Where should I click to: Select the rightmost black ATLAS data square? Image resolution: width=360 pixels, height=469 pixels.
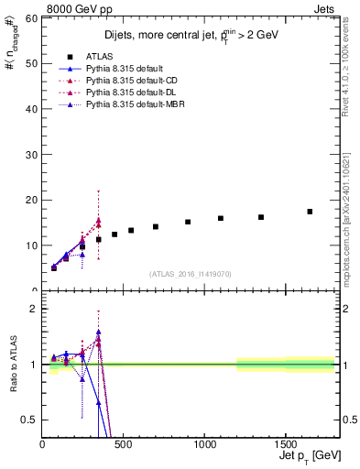pos(310,212)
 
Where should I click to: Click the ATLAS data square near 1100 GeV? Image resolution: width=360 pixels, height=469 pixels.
pos(221,218)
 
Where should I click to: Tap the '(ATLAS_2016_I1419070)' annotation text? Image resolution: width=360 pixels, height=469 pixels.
pos(190,273)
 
